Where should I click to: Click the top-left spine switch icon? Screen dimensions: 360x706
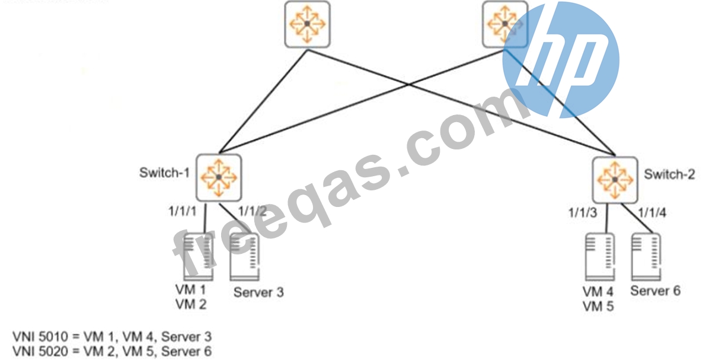(306, 24)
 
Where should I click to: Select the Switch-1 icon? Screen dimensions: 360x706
(219, 177)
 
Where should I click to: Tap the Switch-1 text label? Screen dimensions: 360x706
(164, 173)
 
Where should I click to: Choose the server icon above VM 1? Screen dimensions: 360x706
(197, 257)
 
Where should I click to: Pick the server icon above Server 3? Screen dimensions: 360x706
(244, 257)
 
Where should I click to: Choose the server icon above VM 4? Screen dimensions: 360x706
(600, 257)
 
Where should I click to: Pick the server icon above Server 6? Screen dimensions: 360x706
(645, 257)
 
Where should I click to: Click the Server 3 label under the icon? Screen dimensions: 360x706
(258, 292)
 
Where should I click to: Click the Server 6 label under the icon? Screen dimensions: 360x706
(656, 291)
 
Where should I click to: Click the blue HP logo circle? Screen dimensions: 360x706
(561, 60)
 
